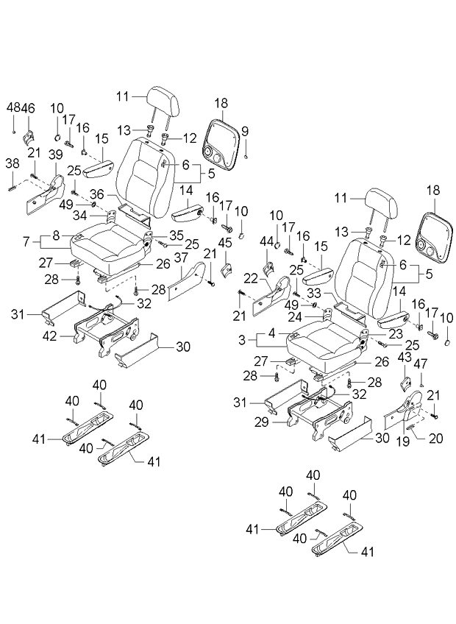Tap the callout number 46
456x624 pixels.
29,108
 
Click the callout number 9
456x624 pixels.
245,130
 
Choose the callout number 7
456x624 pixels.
26,240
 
